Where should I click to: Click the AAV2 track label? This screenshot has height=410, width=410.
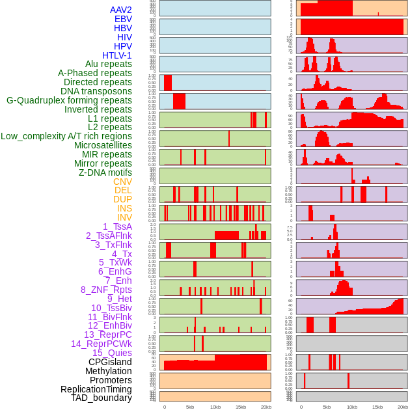click(121, 10)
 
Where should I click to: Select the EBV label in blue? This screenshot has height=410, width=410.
click(123, 19)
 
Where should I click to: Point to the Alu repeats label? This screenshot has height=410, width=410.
click(108, 64)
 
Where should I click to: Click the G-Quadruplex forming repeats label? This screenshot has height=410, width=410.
click(69, 100)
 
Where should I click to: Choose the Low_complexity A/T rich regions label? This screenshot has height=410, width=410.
click(66, 136)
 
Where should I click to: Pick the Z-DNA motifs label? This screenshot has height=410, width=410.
click(105, 172)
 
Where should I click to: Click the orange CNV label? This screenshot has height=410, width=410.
click(122, 182)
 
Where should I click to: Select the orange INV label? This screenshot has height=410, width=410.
click(124, 217)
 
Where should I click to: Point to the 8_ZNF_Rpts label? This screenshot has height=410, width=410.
click(106, 290)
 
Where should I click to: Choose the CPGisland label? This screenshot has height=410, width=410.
click(110, 362)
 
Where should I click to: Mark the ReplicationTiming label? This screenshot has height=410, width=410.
click(96, 389)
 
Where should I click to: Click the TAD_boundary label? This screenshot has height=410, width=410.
click(101, 398)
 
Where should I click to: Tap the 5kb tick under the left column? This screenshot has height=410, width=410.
click(190, 407)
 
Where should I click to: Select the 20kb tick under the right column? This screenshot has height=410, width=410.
click(403, 407)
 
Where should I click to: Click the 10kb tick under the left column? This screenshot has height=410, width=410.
click(215, 407)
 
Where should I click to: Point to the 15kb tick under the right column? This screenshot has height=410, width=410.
click(377, 407)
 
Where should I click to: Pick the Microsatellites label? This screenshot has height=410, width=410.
click(103, 145)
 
